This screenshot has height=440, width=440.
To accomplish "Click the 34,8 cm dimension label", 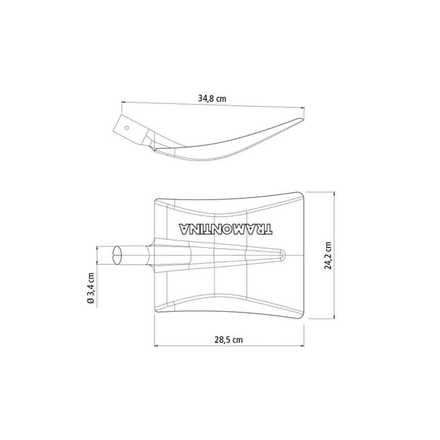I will tap(212, 99).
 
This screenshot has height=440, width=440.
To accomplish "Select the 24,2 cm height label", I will tap(328, 254).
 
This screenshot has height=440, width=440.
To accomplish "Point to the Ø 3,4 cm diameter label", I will tap(91, 288).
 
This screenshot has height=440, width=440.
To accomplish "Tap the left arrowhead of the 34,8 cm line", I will tap(123, 102).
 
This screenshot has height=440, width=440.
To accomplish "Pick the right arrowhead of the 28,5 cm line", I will tap(304, 346).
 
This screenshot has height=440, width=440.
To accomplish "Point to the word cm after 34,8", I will tap(221, 99).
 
